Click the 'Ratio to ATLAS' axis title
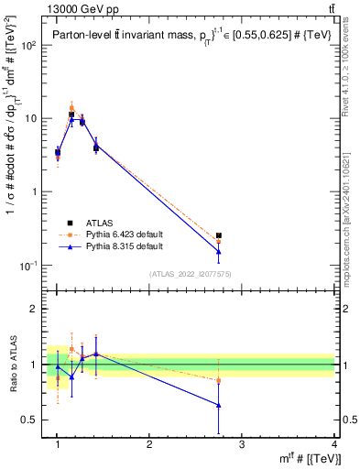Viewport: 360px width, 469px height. pyautogui.click(x=13, y=365)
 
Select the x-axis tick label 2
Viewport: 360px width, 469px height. pyautogui.click(x=149, y=443)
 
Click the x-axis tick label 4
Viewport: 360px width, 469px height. pyautogui.click(x=333, y=443)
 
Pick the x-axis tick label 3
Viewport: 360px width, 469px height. pyautogui.click(x=242, y=443)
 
